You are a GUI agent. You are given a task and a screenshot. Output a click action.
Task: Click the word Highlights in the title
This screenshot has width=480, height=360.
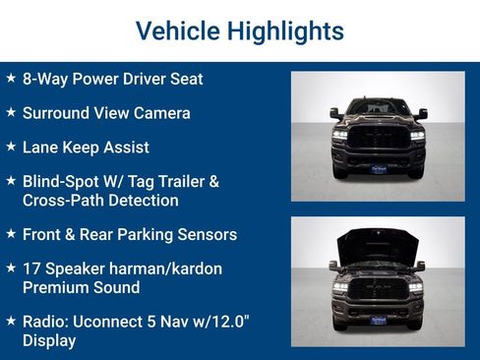click(x=284, y=30)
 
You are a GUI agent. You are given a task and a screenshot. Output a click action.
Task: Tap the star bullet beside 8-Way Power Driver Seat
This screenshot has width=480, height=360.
click(x=10, y=78)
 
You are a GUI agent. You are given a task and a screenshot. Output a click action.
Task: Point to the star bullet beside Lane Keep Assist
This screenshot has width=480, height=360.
click(x=10, y=147)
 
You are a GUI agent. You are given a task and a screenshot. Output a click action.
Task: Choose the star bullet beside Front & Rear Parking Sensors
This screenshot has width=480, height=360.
click(x=10, y=234)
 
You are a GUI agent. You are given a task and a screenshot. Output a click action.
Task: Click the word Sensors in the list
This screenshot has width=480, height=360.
click(x=206, y=235)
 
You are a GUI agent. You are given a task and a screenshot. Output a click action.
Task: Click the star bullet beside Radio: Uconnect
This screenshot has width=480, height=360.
click(x=10, y=321)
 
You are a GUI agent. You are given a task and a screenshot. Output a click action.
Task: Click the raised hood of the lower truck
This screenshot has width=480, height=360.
click(x=377, y=242)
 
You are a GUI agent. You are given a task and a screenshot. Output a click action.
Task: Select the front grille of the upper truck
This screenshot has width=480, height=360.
click(x=378, y=139)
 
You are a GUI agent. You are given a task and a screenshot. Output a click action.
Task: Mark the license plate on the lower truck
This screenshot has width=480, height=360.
click(x=378, y=319)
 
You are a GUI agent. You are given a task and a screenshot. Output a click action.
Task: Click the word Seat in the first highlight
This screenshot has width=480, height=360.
click(x=184, y=79)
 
